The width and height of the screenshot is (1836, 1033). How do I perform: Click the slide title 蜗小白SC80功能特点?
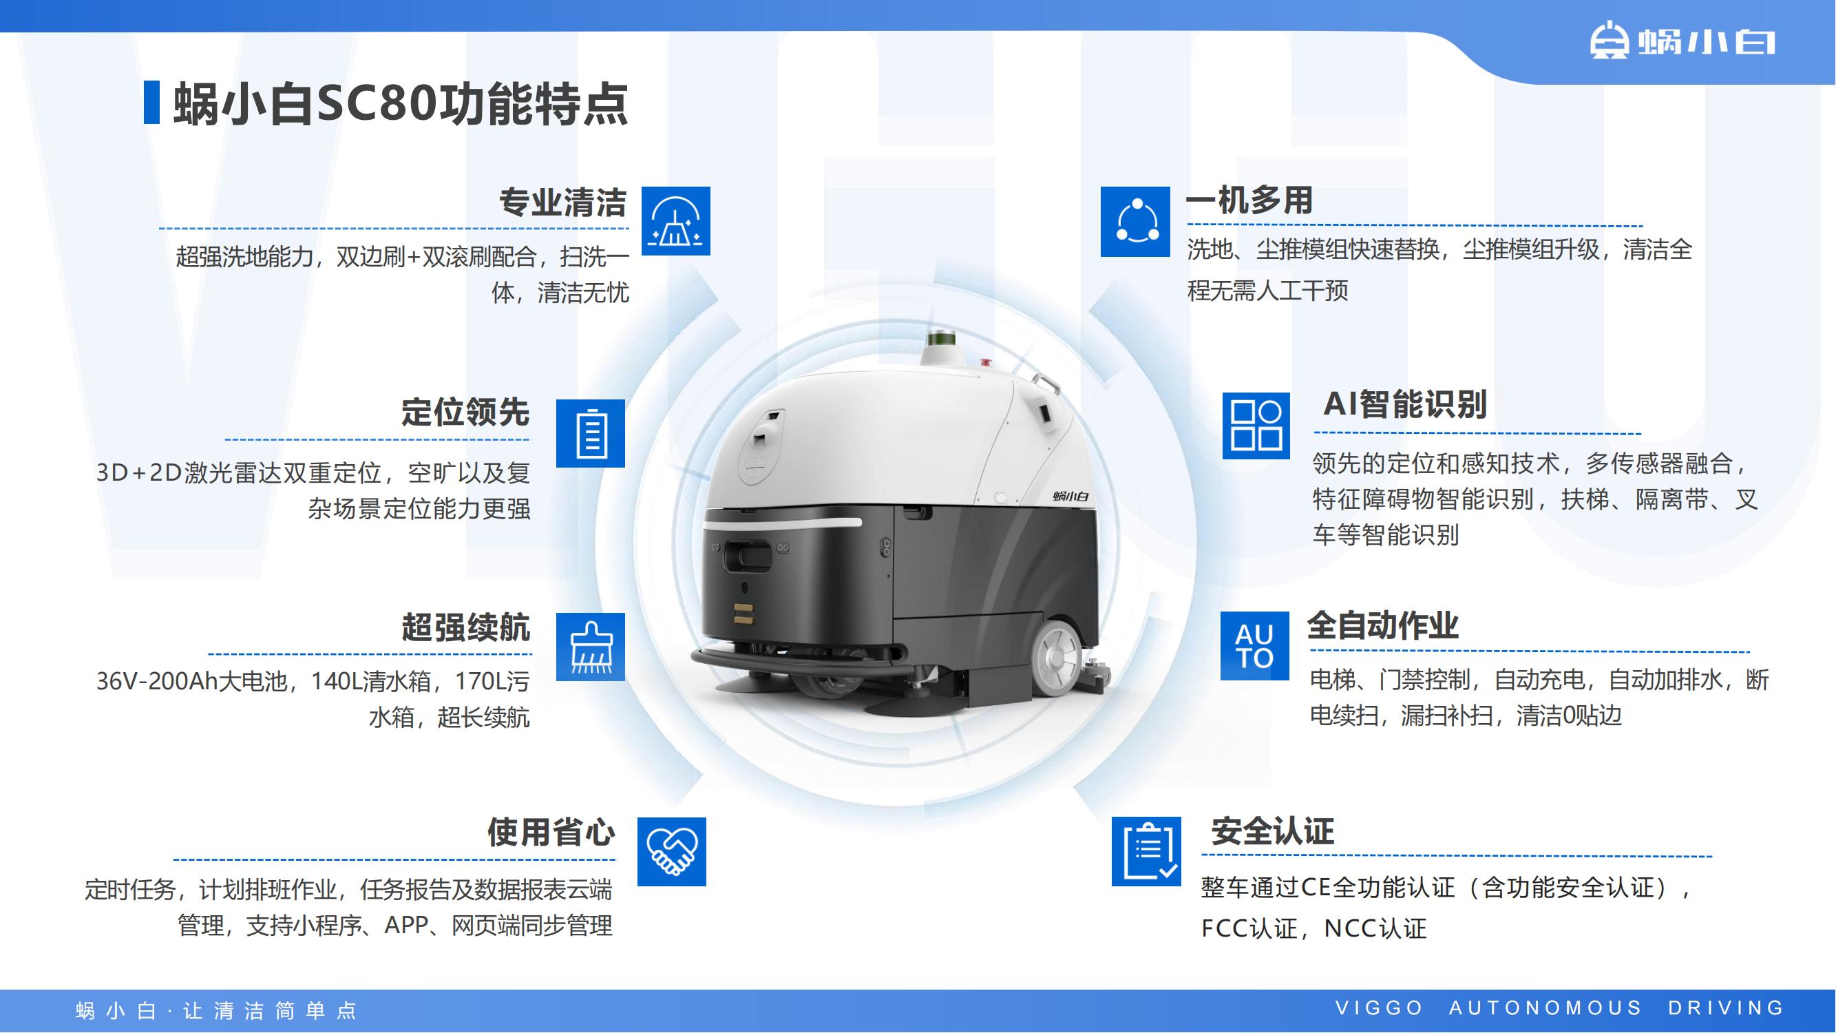[401, 104]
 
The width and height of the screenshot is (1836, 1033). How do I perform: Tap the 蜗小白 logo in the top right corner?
[1682, 42]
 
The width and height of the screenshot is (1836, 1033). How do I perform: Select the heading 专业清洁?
[562, 202]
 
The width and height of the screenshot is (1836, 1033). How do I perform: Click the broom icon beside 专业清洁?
[675, 221]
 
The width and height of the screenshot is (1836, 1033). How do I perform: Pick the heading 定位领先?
[465, 412]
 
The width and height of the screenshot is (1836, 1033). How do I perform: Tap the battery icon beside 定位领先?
[590, 433]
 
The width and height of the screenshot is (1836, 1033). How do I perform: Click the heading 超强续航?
[465, 627]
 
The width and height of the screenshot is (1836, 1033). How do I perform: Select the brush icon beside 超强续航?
[590, 647]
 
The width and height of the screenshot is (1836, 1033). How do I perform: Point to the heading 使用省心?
[551, 831]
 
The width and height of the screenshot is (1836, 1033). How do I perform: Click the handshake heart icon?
[671, 851]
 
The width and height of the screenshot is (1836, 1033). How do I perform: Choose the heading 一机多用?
[1249, 200]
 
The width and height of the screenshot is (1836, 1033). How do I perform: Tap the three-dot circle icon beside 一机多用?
[1135, 222]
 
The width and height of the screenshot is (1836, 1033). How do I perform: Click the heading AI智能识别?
[1405, 404]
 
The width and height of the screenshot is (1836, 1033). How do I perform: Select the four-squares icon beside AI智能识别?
[1256, 426]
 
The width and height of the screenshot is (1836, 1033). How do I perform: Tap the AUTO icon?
[1254, 646]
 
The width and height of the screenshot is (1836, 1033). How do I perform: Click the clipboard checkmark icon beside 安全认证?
[1146, 851]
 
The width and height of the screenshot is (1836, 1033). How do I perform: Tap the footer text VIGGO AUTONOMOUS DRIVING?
[1559, 1008]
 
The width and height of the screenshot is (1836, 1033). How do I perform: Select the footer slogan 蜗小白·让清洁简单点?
[216, 1010]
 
